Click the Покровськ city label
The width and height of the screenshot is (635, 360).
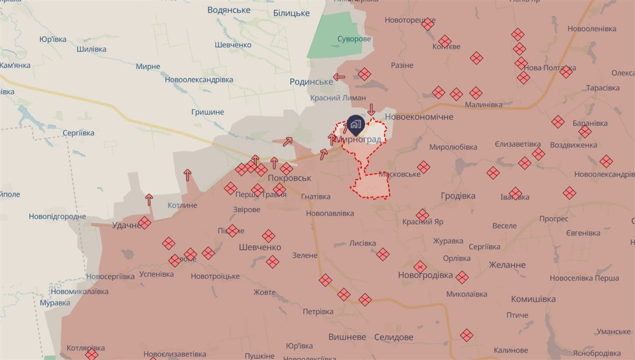point(289,178)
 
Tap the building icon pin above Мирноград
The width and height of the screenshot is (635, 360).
point(355,124)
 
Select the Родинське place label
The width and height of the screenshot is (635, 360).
point(310,81)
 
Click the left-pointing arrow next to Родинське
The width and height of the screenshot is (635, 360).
point(339,78)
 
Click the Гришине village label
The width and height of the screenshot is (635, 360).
point(207,112)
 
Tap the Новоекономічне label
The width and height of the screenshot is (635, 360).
point(419,117)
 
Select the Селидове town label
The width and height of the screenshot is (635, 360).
point(393,337)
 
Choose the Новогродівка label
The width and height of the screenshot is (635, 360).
point(425,275)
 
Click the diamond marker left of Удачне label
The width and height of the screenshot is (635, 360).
point(145,223)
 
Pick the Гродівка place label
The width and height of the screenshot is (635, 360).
point(458,195)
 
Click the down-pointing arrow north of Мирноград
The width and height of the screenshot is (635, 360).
point(371,110)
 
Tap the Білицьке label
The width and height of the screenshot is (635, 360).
point(291,13)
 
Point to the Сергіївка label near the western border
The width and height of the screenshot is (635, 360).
point(78,133)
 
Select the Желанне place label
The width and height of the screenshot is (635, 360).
point(507,265)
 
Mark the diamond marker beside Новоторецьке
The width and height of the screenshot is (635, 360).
point(428,24)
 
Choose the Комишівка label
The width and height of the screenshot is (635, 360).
point(533,299)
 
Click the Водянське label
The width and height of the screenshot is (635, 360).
point(229,10)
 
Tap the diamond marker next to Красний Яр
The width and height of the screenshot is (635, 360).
point(422,215)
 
